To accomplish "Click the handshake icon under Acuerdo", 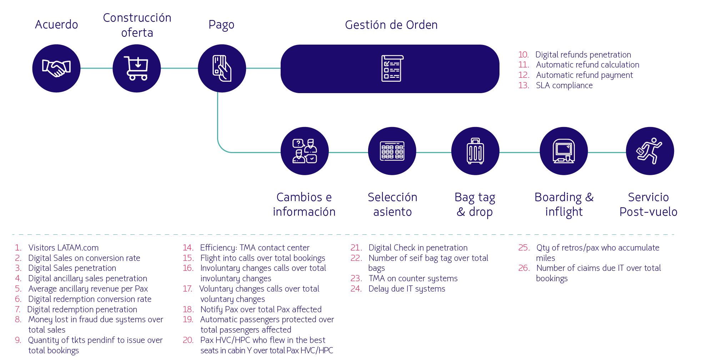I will tap(56, 68).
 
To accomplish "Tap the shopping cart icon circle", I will tap(137, 68).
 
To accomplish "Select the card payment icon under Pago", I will tap(222, 68).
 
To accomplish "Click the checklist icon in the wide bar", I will tap(392, 69).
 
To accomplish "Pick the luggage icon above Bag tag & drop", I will tap(475, 151).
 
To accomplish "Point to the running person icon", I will tap(650, 151).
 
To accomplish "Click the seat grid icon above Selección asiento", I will tap(392, 151).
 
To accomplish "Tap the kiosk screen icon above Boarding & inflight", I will tap(563, 151).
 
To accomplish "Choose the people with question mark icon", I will tap(305, 151).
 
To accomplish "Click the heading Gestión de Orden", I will tap(391, 25).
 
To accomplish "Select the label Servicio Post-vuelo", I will tap(648, 204).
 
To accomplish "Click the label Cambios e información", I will tap(304, 204).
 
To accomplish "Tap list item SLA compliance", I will tap(564, 86).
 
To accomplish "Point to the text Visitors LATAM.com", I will tap(63, 248).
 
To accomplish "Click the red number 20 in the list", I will tap(188, 340).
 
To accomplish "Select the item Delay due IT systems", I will tap(407, 289).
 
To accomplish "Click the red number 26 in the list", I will tap(524, 268).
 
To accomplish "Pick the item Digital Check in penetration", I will tap(418, 248).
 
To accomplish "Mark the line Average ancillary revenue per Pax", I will tap(88, 289).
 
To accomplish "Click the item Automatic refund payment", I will tap(584, 75).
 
